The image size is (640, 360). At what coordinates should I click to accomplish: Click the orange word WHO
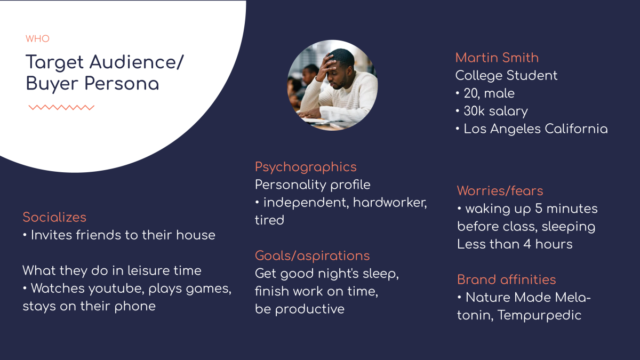(x=37, y=38)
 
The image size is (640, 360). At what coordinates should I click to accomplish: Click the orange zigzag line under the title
(x=61, y=107)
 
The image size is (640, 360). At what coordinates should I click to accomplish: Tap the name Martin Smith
(x=497, y=58)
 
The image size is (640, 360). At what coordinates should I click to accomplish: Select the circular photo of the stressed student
(x=332, y=85)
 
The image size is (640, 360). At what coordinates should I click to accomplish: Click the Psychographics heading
(x=306, y=167)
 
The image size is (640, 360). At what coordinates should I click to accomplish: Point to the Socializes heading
(x=54, y=217)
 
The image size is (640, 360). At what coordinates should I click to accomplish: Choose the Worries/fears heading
(x=500, y=190)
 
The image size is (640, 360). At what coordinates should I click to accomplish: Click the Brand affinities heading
(x=506, y=279)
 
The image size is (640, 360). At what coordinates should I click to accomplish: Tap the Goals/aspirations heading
(x=313, y=255)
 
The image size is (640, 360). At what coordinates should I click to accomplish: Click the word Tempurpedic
(x=539, y=315)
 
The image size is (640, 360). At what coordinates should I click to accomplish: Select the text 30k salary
(x=495, y=111)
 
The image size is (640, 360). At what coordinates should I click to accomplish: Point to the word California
(x=577, y=129)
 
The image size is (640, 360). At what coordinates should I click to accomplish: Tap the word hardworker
(x=390, y=203)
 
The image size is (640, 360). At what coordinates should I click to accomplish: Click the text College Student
(x=506, y=76)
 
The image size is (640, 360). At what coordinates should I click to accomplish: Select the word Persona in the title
(x=122, y=84)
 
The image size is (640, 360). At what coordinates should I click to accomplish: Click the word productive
(x=310, y=309)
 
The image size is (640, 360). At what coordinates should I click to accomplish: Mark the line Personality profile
(x=313, y=185)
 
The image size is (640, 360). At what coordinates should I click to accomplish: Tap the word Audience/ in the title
(x=137, y=62)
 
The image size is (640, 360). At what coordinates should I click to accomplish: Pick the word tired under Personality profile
(x=269, y=220)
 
